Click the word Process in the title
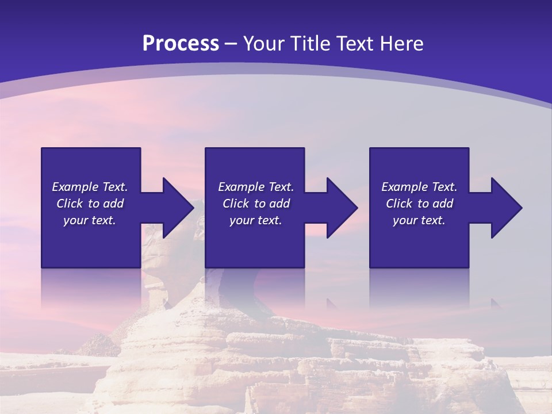[181, 44]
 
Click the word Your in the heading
[266, 44]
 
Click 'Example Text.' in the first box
[90, 187]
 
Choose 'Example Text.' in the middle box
[256, 187]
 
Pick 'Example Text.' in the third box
[419, 187]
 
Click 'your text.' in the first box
[90, 220]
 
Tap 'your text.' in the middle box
[256, 220]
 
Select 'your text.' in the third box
[419, 220]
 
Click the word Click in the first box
[70, 204]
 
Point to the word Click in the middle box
[236, 204]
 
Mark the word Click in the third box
[399, 204]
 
